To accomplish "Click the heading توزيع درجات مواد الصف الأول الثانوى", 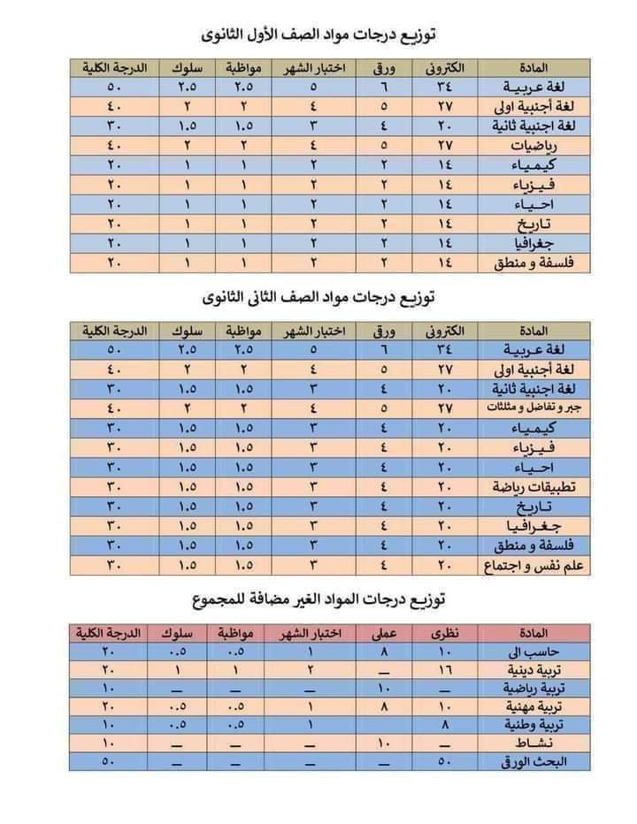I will point(318,34).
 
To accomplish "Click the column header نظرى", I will point(445,634).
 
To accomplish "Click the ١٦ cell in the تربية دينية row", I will point(445,670).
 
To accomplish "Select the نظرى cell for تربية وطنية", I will point(445,725).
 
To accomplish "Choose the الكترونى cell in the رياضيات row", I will point(445,145).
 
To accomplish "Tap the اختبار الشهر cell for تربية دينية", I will point(311,670).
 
